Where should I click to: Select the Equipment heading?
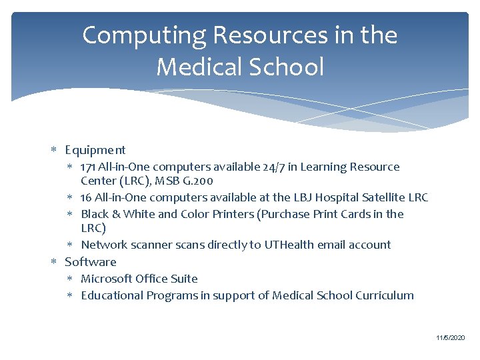pyautogui.click(x=95, y=150)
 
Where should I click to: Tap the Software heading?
pyautogui.click(x=91, y=262)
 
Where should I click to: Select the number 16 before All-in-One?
pyautogui.click(x=86, y=197)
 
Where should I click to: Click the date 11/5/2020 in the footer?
pyautogui.click(x=451, y=339)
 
